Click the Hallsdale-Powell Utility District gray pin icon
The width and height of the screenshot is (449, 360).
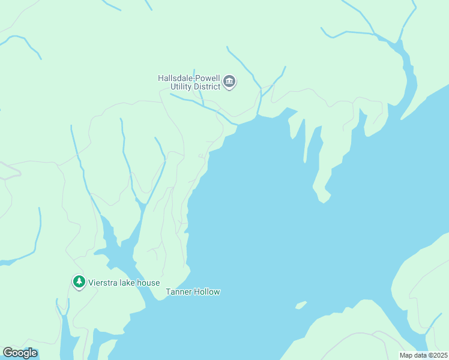pyautogui.click(x=229, y=82)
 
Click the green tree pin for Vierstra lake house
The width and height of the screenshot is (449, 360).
pyautogui.click(x=78, y=281)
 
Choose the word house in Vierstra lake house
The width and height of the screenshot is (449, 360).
pyautogui.click(x=148, y=283)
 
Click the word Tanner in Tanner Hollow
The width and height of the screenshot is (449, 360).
pyautogui.click(x=178, y=292)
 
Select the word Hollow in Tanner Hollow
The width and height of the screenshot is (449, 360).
pyautogui.click(x=207, y=292)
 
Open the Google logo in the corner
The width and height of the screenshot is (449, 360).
pyautogui.click(x=20, y=353)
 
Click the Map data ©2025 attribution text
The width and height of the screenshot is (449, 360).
pyautogui.click(x=423, y=355)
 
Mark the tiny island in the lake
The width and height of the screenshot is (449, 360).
pyautogui.click(x=301, y=305)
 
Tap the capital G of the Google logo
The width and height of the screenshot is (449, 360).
pyautogui.click(x=8, y=353)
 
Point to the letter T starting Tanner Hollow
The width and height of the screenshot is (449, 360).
pyautogui.click(x=168, y=292)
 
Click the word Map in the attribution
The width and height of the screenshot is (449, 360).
pyautogui.click(x=406, y=355)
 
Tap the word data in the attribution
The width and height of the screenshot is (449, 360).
pyautogui.click(x=420, y=355)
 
